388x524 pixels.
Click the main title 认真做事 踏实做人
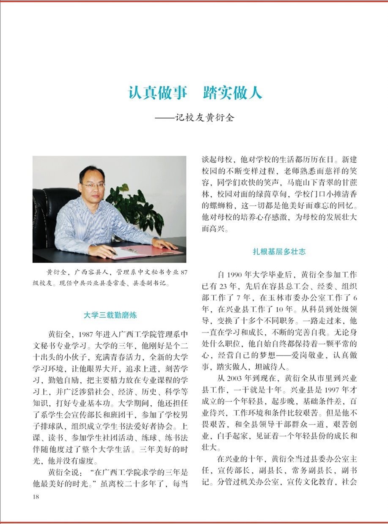(195, 92)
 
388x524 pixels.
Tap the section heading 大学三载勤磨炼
(110, 315)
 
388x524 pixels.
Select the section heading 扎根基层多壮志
(279, 252)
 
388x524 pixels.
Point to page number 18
(36, 497)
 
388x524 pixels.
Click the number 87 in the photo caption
(183, 273)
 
